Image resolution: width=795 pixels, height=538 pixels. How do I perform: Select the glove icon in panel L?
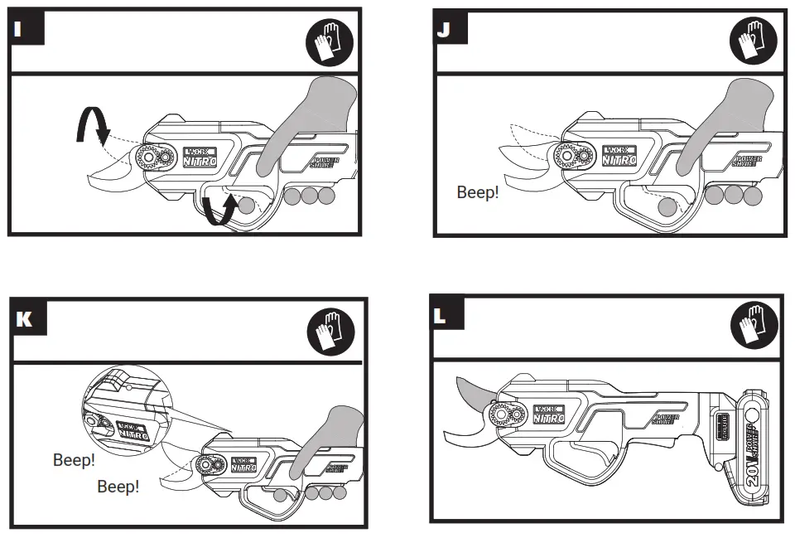(754, 326)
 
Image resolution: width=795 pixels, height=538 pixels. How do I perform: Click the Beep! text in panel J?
(478, 192)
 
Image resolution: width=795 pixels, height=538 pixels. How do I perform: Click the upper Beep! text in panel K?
(74, 459)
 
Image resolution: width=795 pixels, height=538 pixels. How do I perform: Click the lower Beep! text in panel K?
(118, 487)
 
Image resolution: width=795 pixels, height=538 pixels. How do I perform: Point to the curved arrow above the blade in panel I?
(92, 127)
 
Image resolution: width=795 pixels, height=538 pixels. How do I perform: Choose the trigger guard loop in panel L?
(581, 461)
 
